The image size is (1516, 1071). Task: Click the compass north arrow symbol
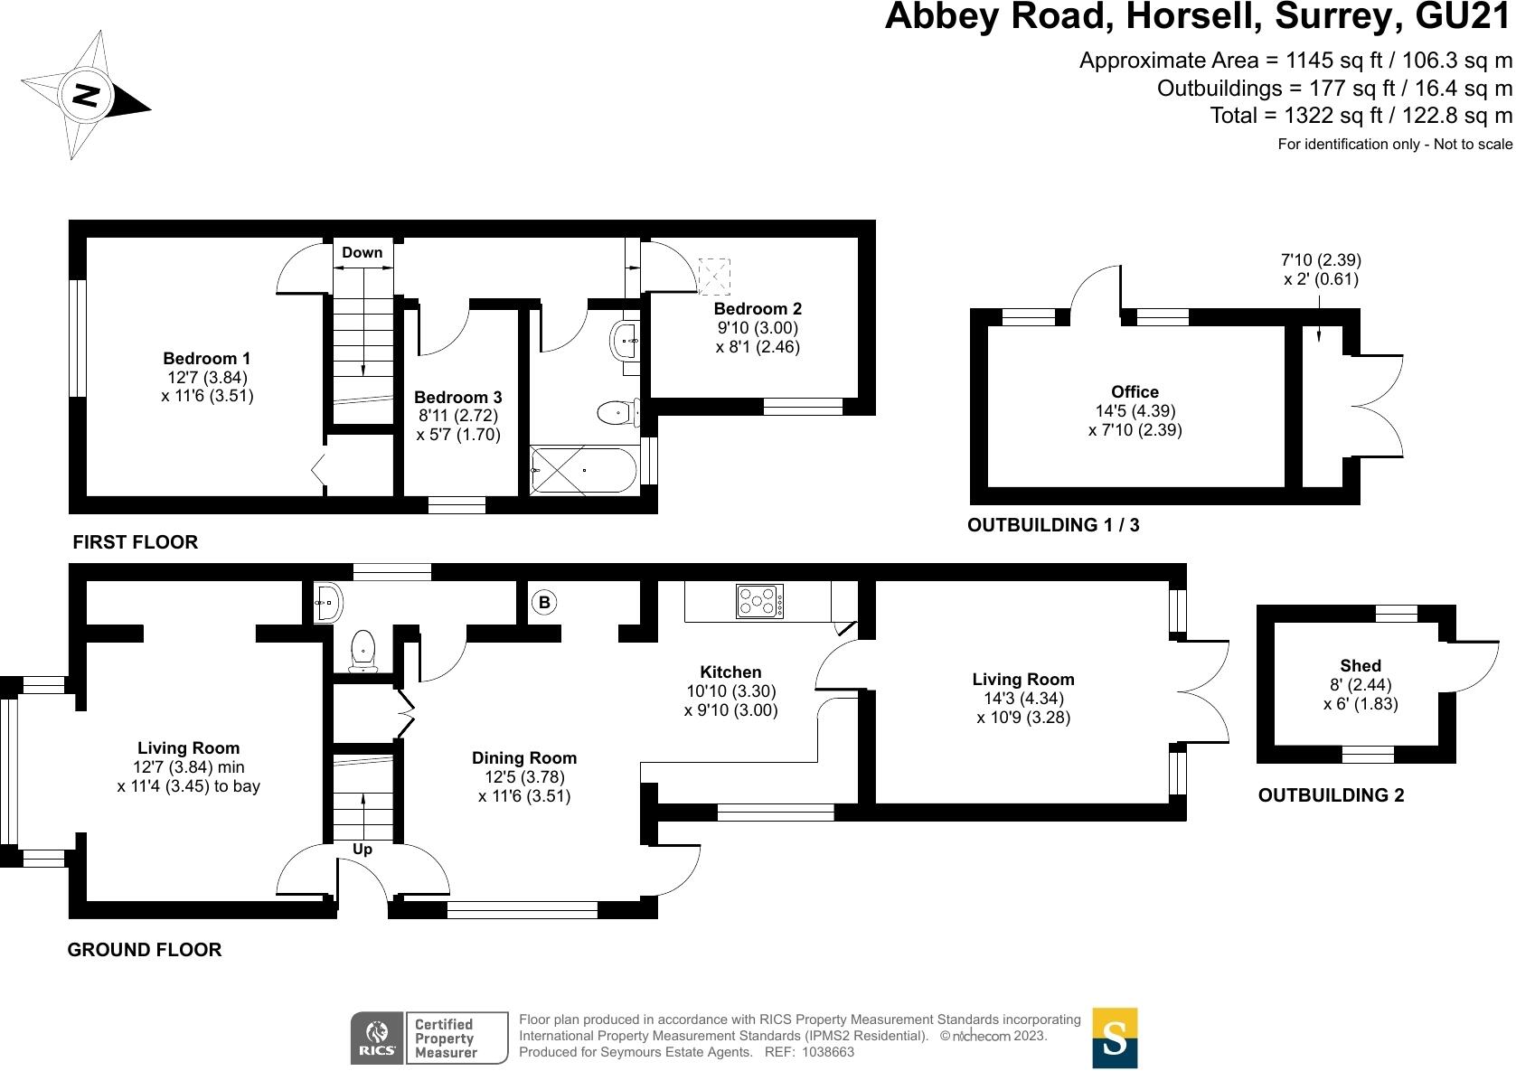click(x=85, y=95)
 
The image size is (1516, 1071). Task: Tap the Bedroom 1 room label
click(x=207, y=359)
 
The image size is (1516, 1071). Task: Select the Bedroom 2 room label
click(x=758, y=309)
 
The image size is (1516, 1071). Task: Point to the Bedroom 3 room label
click(x=458, y=398)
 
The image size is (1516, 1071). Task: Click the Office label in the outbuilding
click(x=1135, y=391)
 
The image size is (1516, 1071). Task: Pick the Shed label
click(x=1361, y=665)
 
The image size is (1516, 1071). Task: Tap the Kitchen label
click(x=730, y=672)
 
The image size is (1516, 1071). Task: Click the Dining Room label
click(x=524, y=757)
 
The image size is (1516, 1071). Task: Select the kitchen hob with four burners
click(x=760, y=601)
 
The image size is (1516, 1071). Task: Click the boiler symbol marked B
click(x=544, y=603)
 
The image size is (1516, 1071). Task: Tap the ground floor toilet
click(x=363, y=650)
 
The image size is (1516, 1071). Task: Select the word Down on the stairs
click(x=362, y=252)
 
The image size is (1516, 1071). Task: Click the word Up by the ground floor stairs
click(x=363, y=850)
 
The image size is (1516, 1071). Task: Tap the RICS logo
click(x=376, y=1038)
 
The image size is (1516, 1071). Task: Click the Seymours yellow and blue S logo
click(x=1115, y=1038)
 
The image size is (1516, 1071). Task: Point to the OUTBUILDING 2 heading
click(x=1331, y=795)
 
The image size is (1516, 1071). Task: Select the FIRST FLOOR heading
click(x=135, y=542)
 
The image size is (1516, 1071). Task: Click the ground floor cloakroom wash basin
click(x=326, y=601)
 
